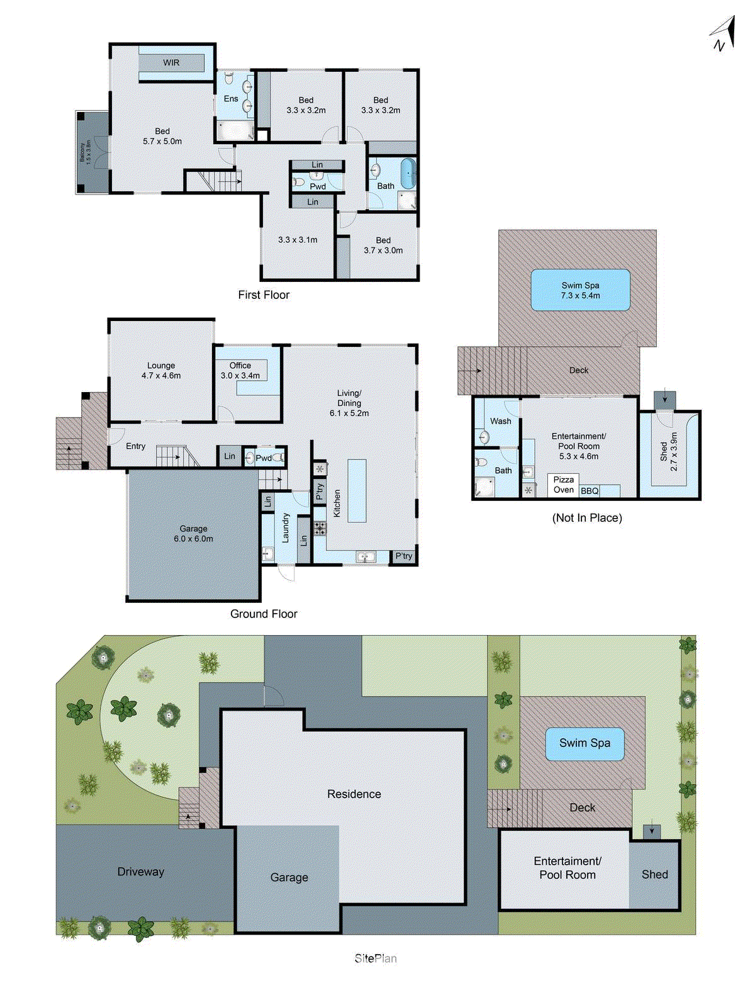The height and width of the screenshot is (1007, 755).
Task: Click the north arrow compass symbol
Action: (724, 35)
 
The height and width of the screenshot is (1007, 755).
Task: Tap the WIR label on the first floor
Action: (171, 63)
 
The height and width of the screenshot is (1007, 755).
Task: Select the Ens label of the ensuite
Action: (231, 99)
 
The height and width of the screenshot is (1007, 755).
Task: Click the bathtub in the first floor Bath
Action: (408, 174)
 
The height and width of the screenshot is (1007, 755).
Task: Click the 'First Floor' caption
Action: (264, 295)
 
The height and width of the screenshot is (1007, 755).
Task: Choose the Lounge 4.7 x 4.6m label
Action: (161, 371)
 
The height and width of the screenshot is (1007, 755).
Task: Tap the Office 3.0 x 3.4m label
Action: (240, 371)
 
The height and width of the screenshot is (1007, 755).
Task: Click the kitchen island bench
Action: (357, 490)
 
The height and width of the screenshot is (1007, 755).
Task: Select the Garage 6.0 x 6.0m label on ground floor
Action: (193, 534)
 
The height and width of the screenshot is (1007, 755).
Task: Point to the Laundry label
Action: (286, 527)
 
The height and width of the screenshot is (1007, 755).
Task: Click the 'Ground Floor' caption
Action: (264, 614)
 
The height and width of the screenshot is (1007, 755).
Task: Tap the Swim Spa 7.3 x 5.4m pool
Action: (580, 290)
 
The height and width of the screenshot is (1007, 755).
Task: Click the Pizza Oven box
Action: (563, 485)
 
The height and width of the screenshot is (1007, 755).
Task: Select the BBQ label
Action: (590, 491)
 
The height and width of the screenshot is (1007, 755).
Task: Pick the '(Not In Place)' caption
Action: (587, 518)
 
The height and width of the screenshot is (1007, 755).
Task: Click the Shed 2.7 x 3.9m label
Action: (669, 451)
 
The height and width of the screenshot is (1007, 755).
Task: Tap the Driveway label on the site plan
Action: (140, 872)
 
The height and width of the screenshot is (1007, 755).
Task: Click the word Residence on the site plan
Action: (354, 794)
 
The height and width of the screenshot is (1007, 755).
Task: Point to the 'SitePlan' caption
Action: (376, 959)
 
